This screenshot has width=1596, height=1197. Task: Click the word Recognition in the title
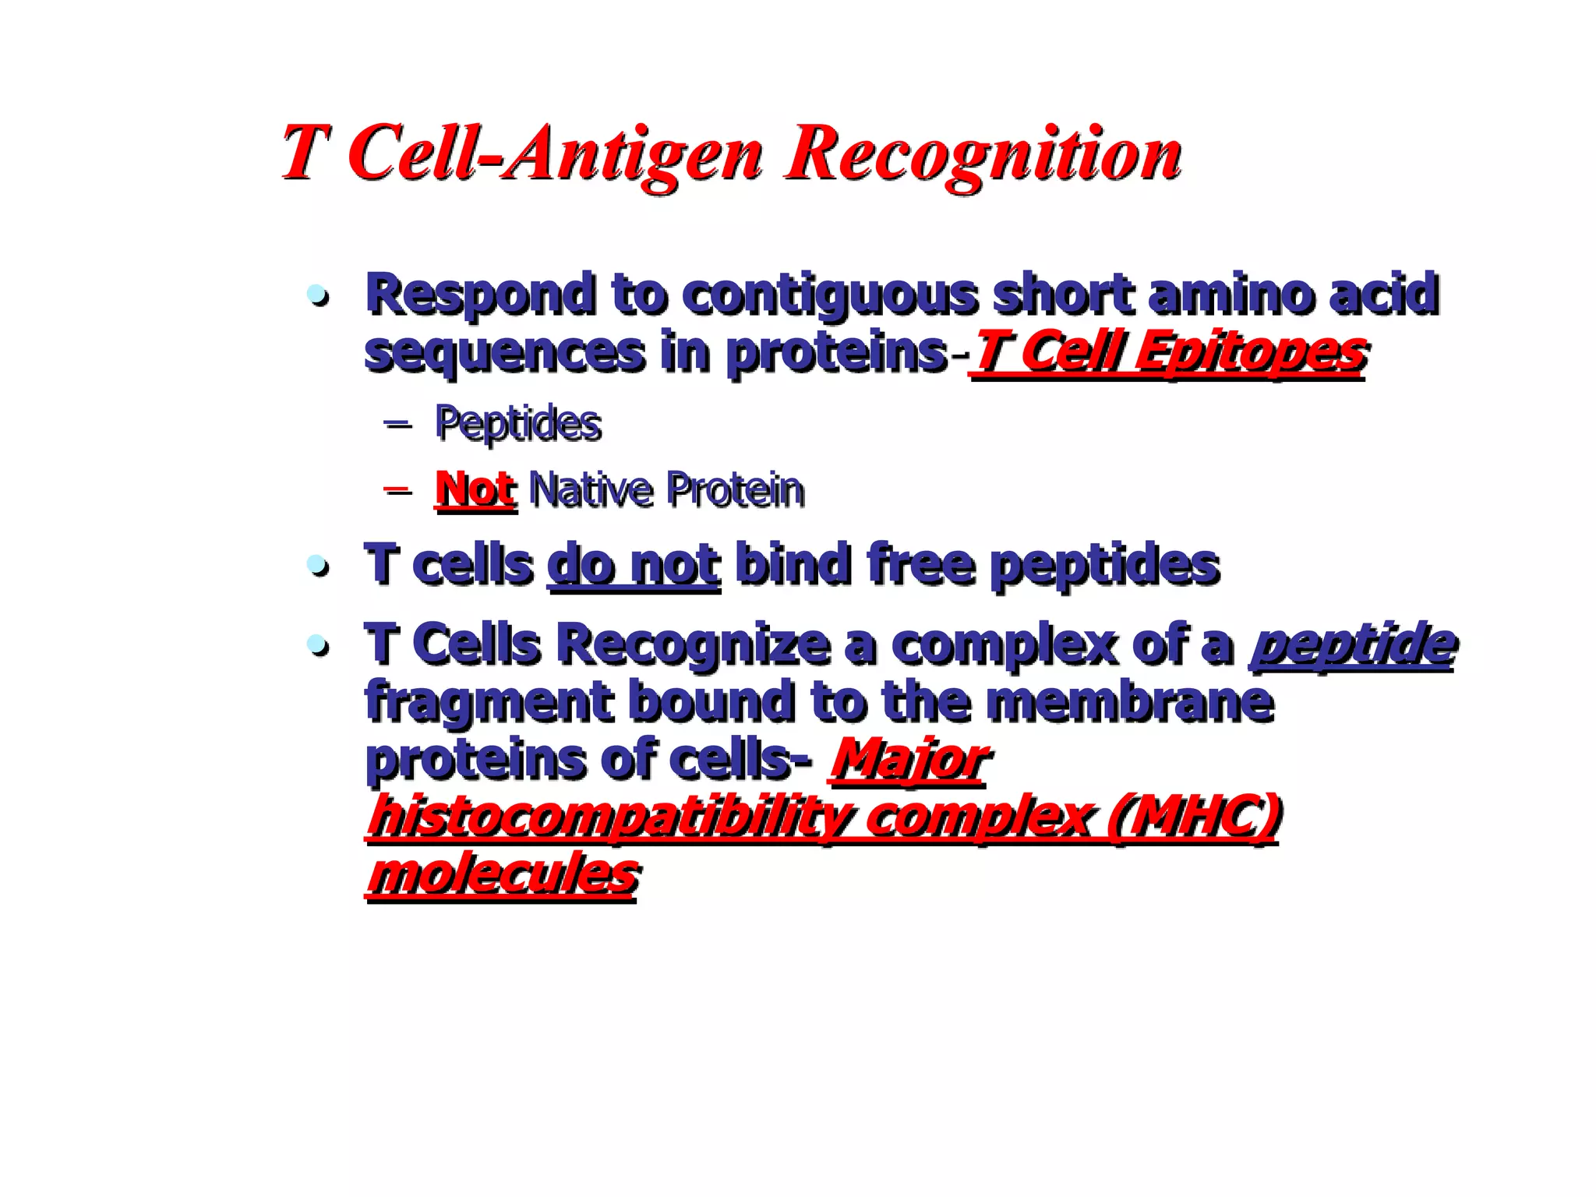[x=983, y=154]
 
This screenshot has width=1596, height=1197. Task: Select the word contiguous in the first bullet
[x=830, y=296]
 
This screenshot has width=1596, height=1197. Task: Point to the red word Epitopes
[x=1249, y=352]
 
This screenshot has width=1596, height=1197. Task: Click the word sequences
[x=504, y=352]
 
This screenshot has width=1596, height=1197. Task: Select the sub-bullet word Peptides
[x=518, y=425]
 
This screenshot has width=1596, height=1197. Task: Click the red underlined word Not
[x=475, y=490]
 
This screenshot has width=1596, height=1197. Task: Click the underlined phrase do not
[x=634, y=565]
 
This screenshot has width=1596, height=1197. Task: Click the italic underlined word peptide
[x=1351, y=644]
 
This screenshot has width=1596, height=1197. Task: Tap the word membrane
[x=1129, y=701]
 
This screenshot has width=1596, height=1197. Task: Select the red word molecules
[x=503, y=874]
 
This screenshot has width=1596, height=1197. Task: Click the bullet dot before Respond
[x=317, y=296]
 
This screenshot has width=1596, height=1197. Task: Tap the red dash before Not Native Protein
[x=397, y=490]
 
